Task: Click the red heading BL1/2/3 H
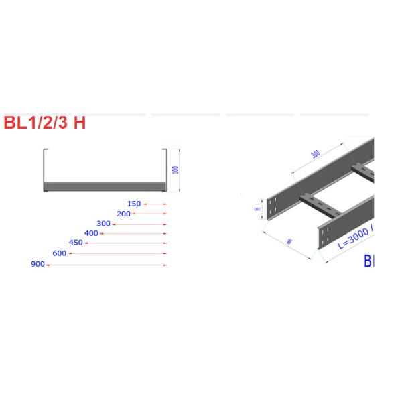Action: click(x=45, y=123)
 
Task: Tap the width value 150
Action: click(x=134, y=204)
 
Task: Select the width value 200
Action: click(x=123, y=214)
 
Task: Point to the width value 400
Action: click(x=91, y=233)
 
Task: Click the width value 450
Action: click(x=75, y=243)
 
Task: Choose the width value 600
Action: click(x=59, y=253)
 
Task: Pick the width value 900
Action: click(x=38, y=265)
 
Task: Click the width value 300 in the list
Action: click(x=103, y=224)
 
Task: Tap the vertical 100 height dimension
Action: click(x=176, y=170)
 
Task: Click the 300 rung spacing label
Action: click(x=315, y=153)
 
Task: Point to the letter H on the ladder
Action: click(x=257, y=208)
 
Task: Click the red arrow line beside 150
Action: click(x=155, y=204)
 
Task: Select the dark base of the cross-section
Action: click(x=103, y=186)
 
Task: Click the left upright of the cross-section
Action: click(x=45, y=167)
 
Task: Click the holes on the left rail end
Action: click(x=273, y=207)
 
